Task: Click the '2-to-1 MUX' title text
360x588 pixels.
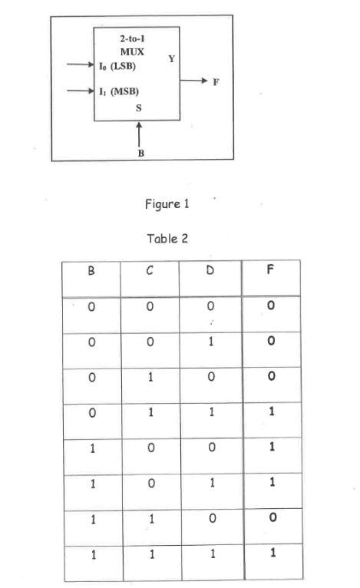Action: coord(134,45)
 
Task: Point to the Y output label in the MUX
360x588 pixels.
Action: coord(170,58)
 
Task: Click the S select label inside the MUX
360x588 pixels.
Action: coord(138,108)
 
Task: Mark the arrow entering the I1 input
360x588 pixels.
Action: coord(80,91)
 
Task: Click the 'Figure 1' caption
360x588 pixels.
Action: coord(167,204)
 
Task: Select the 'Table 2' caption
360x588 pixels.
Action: coord(167,238)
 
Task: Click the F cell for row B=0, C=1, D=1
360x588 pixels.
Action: coord(270,411)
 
